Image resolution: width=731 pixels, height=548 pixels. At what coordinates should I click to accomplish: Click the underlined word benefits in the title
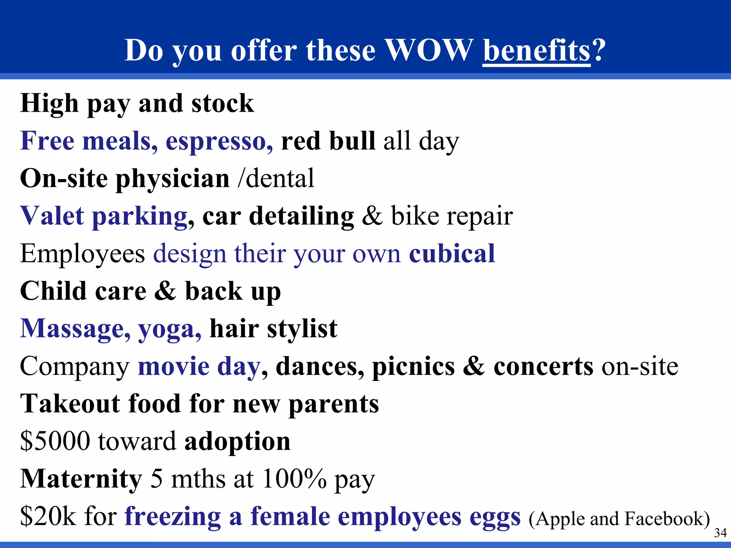[536, 51]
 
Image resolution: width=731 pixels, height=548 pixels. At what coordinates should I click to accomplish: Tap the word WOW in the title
[428, 51]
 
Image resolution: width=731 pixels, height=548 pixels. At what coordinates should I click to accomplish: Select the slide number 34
[720, 533]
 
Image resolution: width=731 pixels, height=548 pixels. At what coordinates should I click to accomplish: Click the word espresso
[219, 141]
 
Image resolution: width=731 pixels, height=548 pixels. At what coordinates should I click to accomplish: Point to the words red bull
[328, 141]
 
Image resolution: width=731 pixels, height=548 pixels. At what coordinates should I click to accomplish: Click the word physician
[172, 179]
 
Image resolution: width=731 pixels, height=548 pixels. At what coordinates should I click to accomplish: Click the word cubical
[452, 254]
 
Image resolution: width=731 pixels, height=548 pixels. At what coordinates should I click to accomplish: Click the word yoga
[170, 329]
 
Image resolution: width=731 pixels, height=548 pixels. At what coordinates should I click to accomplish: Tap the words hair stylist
[273, 329]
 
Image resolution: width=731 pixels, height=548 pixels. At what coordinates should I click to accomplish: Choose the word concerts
[543, 367]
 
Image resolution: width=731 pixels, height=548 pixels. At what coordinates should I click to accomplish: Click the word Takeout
[70, 404]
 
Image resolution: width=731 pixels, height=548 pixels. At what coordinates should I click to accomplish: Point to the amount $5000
[55, 442]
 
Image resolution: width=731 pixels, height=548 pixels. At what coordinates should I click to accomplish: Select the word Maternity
[81, 479]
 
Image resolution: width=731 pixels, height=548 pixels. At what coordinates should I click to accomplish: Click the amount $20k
[48, 517]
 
